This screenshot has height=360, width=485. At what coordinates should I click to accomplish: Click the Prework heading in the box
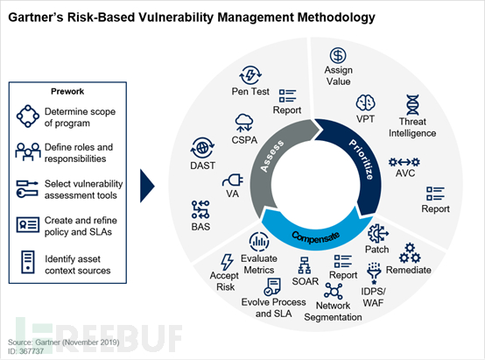pos(67,91)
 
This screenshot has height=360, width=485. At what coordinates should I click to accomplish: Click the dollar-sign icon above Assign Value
pos(338,56)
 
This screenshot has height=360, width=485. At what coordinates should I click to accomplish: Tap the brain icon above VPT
pos(365,102)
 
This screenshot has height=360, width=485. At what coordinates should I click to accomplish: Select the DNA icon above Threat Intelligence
pos(412,105)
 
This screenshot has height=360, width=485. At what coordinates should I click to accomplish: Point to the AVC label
pos(404,173)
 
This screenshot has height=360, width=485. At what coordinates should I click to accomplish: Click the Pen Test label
pos(250,92)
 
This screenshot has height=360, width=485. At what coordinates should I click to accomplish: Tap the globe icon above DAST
pos(202,148)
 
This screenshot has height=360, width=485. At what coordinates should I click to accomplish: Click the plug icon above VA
pos(233,180)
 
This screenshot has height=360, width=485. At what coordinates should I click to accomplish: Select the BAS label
pos(200,227)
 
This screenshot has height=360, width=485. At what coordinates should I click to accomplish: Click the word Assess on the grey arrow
pos(272,156)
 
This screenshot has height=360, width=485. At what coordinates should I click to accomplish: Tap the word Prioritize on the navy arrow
pos(362,159)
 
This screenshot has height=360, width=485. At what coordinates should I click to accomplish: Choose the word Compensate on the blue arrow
pos(315,237)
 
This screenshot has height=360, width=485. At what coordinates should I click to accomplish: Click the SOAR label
pos(305,281)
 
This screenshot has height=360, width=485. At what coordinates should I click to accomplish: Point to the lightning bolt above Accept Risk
pos(227,262)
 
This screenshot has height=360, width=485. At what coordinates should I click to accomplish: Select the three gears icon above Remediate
pos(410,253)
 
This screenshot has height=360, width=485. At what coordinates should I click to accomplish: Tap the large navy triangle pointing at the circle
pos(147,186)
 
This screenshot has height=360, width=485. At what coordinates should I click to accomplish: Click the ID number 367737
pos(32,351)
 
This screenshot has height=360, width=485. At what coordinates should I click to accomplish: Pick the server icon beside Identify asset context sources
pos(28,262)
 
